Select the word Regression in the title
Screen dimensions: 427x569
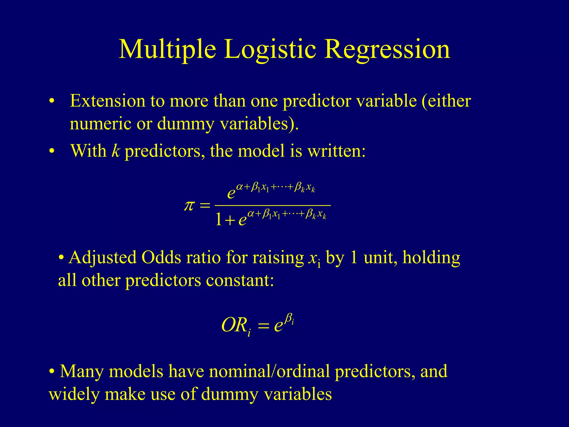(x=387, y=49)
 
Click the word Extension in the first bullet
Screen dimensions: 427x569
(x=108, y=101)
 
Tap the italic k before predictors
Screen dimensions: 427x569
(x=116, y=151)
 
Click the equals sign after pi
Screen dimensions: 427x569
(x=205, y=206)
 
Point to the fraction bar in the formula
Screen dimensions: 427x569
(x=273, y=205)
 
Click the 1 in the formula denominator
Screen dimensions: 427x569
(x=219, y=219)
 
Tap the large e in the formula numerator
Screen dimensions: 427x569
(x=231, y=192)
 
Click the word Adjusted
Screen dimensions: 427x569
(x=103, y=257)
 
